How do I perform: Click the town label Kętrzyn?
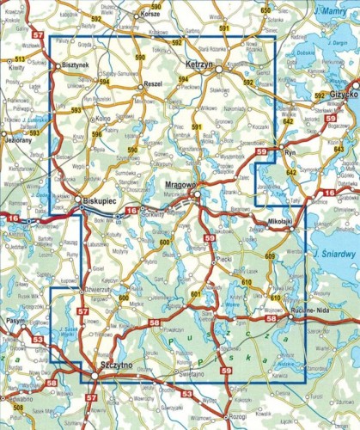[x=203, y=64]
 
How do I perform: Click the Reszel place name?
[x=154, y=85]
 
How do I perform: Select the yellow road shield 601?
[x=194, y=295]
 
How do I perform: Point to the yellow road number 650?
[x=265, y=9]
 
